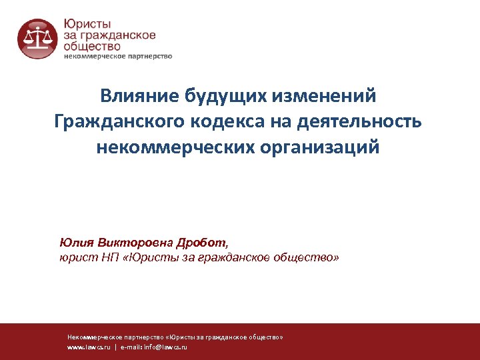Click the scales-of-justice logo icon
(x=37, y=39)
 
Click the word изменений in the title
(x=325, y=96)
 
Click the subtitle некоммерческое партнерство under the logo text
(x=117, y=57)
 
